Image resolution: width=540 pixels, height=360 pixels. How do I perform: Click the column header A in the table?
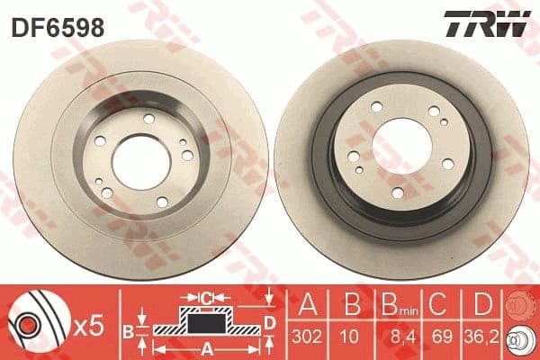pyautogui.click(x=306, y=303)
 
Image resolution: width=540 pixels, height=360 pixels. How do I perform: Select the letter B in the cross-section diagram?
pyautogui.click(x=128, y=330)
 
